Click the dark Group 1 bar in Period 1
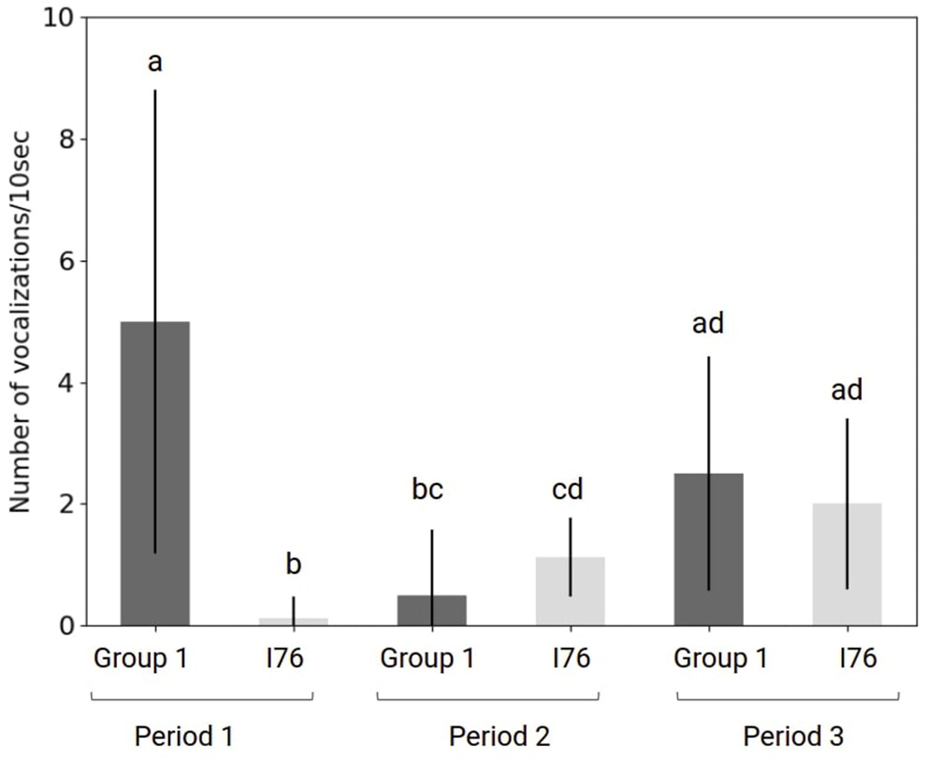tap(155, 473)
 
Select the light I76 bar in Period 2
tap(570, 591)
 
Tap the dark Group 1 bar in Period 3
tap(708, 549)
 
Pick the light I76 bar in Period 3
tap(847, 563)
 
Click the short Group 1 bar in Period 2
tap(431, 609)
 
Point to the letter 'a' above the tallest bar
tap(155, 63)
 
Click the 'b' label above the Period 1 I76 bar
tap(294, 564)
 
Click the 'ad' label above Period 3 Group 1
tap(708, 324)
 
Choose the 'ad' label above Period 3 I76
tap(847, 389)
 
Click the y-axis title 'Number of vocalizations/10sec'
tap(21, 321)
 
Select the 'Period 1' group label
tap(183, 737)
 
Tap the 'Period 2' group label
tap(500, 737)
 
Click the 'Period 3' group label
tap(793, 737)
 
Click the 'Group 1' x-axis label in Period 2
tap(427, 659)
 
